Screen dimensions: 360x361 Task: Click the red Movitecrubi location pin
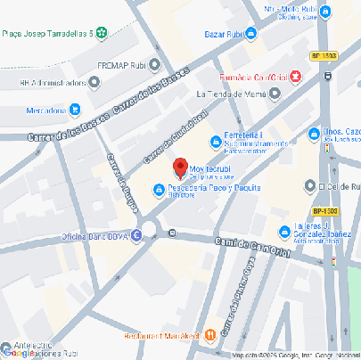pos(179,168)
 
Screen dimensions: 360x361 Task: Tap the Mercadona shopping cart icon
pos(76,110)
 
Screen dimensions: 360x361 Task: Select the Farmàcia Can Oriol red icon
pos(295,78)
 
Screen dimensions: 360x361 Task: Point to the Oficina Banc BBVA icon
pos(136,236)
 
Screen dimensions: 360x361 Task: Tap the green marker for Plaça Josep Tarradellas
pos(101,33)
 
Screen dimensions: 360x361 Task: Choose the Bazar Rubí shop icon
pos(251,33)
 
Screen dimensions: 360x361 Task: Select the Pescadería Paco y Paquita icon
pos(159,189)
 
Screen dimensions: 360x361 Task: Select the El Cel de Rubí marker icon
pos(309,187)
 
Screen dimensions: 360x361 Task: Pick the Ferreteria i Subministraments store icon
pos(214,141)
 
